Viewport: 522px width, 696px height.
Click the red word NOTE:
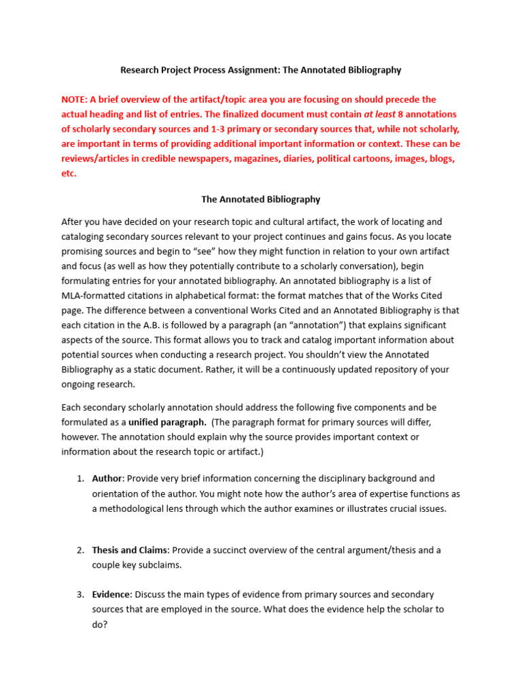tap(75, 99)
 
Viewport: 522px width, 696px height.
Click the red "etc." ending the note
tap(69, 173)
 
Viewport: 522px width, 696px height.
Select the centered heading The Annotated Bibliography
tap(260, 200)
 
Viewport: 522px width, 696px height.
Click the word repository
tap(388, 370)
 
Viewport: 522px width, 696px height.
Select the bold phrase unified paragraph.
tap(168, 422)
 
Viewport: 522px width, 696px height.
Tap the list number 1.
tap(79, 478)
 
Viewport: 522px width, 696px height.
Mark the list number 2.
tap(79, 550)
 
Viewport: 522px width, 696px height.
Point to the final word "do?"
tap(101, 624)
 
